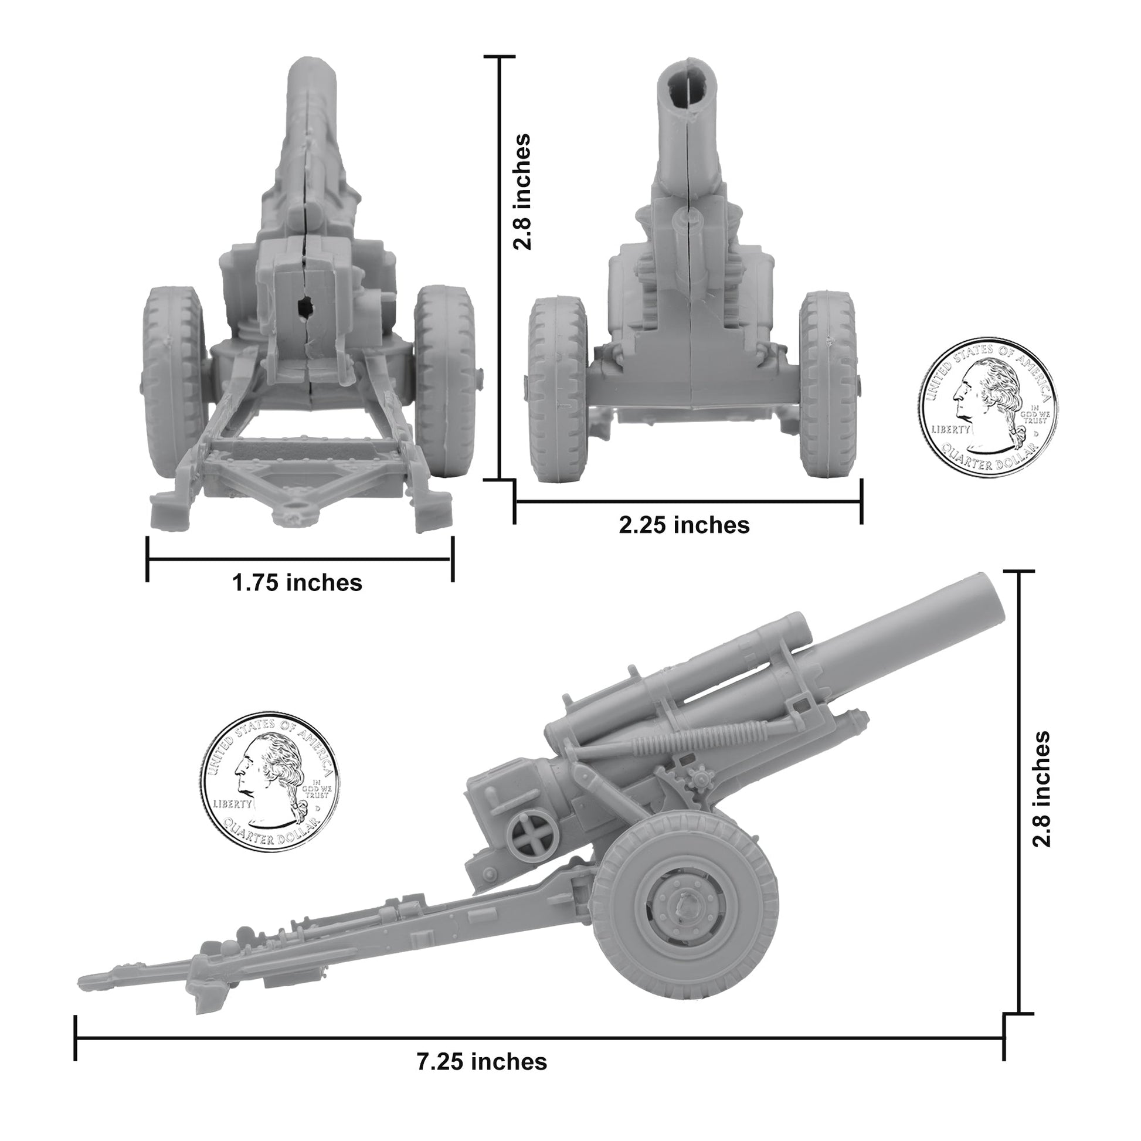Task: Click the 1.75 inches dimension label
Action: coord(297,583)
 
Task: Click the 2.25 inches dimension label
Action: coord(684,524)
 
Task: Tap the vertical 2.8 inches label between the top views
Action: coord(522,191)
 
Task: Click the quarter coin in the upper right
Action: coord(987,407)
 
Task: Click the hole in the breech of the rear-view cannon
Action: coord(305,306)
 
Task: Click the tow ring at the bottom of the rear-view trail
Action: coord(294,507)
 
